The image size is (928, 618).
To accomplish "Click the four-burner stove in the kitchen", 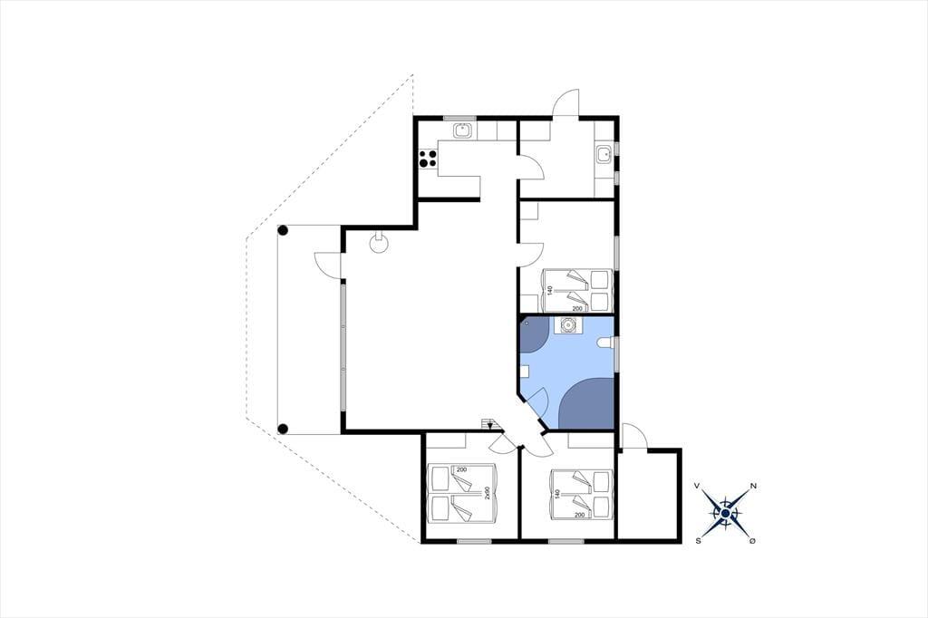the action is tap(428, 158).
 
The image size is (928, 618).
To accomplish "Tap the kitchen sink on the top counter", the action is tap(462, 130).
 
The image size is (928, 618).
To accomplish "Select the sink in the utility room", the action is tap(604, 155).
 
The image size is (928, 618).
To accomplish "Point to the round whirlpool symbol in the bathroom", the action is tap(568, 324).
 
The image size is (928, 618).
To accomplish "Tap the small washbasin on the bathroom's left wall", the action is tap(525, 372).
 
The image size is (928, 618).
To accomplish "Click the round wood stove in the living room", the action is tap(378, 242).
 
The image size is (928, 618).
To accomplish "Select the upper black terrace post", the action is tap(283, 230).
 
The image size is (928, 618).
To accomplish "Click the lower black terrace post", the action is tap(283, 428).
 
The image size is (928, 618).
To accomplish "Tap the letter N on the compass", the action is tap(753, 486).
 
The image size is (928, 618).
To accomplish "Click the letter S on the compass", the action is tap(699, 540).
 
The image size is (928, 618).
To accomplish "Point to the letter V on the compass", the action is tap(697, 486).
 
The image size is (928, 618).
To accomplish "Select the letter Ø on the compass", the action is tap(752, 541).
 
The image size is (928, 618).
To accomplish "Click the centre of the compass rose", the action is tap(726, 513).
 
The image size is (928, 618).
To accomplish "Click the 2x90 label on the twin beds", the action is tap(487, 493).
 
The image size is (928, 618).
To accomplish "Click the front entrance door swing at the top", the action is tap(565, 103).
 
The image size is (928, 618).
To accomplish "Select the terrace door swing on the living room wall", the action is tap(327, 265).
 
